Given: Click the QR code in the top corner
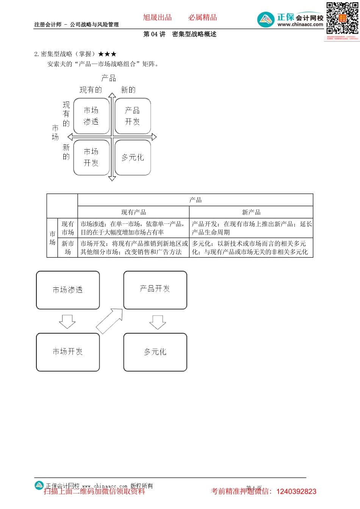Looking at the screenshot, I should point(342,19).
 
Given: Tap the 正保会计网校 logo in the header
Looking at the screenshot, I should point(291,19).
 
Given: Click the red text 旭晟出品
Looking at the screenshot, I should point(157,17).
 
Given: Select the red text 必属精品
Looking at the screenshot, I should point(203,17).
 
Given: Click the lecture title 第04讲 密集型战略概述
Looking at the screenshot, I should point(180,34).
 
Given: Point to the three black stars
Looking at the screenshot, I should point(107,54).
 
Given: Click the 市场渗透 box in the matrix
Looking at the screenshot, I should point(91,116).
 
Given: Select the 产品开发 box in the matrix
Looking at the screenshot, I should point(133,116).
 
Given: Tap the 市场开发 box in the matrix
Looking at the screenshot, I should point(91,157).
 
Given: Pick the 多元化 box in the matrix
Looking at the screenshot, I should point(133,157).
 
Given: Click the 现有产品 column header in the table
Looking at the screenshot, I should point(133,212).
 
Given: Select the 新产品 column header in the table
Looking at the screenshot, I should point(251,212).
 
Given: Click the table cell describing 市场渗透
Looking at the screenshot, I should point(133,228).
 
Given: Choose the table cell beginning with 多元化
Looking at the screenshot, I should point(251,248).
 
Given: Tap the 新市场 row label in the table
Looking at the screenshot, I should point(68,248).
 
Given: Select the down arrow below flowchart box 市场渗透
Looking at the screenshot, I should point(67,322).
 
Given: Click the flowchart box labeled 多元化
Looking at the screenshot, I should point(155,352).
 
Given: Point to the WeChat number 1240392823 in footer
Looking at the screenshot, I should point(296,492).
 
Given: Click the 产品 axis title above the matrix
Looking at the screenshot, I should point(109,78).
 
